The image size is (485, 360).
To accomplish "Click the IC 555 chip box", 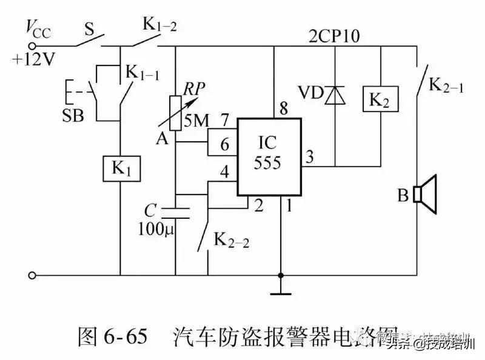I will pos(269,157).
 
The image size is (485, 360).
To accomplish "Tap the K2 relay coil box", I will pos(380,100).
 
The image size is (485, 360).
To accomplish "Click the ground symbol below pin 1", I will pos(280,294).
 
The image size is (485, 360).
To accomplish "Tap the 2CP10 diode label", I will pos(333,36).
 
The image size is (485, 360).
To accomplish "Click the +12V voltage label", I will pos(30,60).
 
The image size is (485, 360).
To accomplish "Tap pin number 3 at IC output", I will pos(310,157).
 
